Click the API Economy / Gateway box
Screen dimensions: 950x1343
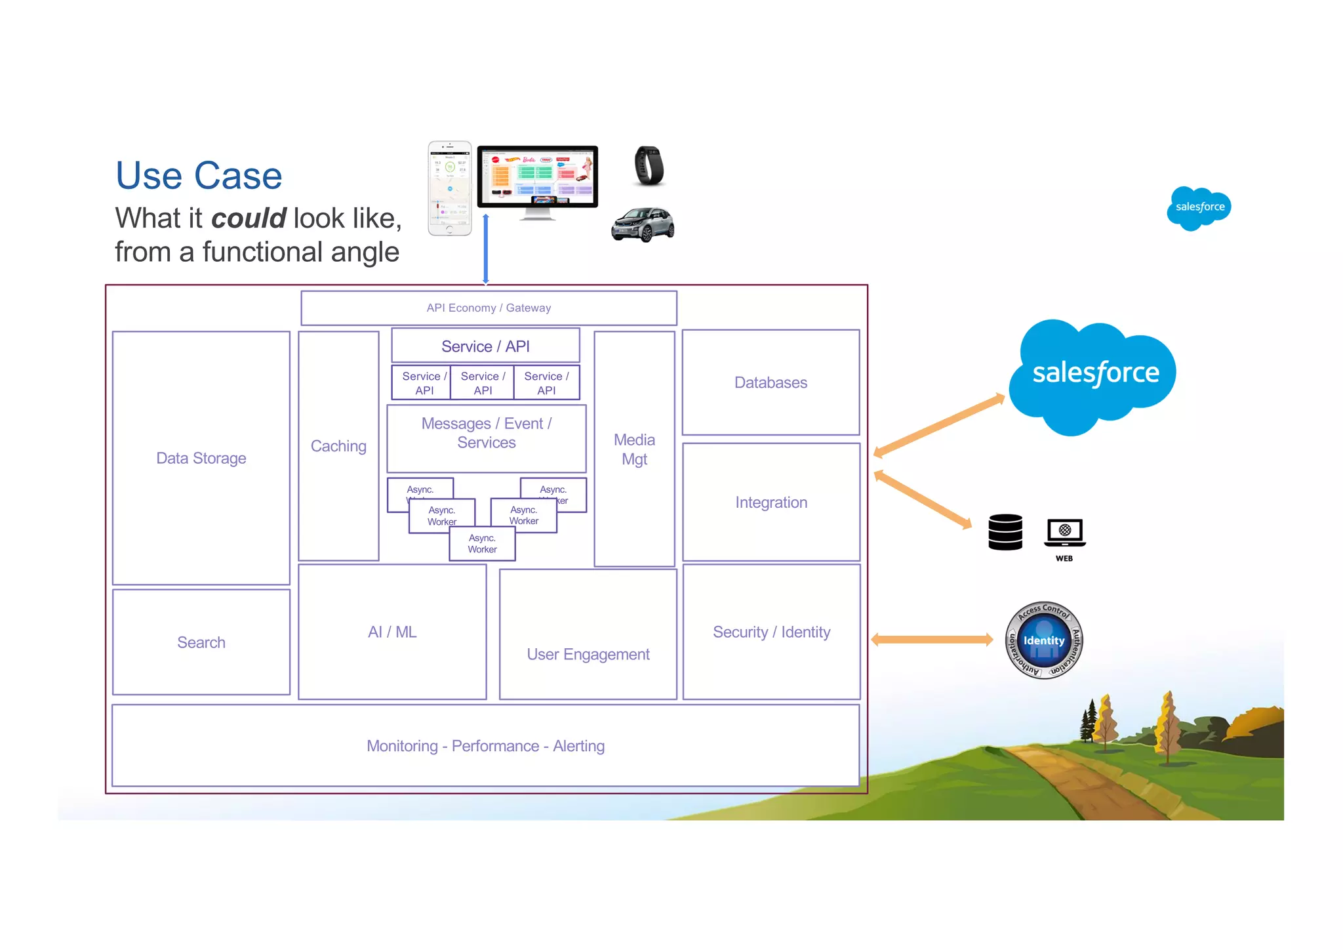pos(489,308)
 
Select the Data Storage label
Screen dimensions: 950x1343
pos(201,458)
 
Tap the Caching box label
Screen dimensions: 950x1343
pos(338,446)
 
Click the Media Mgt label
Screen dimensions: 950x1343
pos(634,449)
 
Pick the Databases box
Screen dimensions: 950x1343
pos(771,382)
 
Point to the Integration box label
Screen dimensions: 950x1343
pos(771,503)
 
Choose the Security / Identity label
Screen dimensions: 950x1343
pos(771,632)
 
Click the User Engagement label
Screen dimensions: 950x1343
pos(588,654)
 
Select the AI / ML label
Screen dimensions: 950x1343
pos(392,632)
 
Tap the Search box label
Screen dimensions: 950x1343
pos(201,642)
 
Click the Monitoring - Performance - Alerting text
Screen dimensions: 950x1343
pos(485,746)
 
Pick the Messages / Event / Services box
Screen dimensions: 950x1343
pos(487,434)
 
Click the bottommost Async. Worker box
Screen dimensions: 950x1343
pos(482,544)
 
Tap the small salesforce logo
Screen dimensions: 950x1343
pos(1199,207)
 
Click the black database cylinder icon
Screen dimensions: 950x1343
pos(1005,532)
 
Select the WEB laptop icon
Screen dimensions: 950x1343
pos(1065,533)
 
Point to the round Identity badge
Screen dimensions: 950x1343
pos(1044,640)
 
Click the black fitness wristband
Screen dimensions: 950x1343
pos(649,165)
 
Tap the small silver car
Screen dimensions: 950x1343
pos(643,224)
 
